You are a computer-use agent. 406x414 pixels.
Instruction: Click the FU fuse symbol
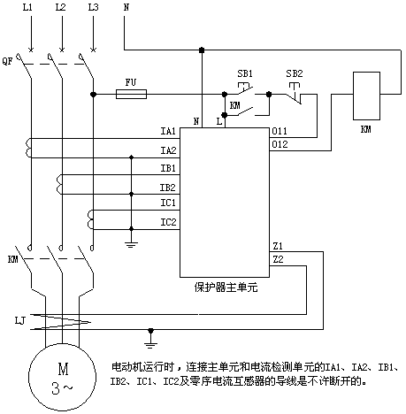point(131,95)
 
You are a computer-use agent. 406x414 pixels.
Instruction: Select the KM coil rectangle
point(366,96)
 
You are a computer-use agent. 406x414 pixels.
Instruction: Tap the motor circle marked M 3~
point(62,377)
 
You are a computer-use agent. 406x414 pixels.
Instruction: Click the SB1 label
point(245,73)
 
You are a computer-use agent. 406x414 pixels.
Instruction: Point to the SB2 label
point(295,73)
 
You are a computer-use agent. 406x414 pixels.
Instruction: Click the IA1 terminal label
point(168,131)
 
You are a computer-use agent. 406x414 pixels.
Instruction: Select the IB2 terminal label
point(168,188)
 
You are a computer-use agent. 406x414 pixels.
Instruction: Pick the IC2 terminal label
point(168,222)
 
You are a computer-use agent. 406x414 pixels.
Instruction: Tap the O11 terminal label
point(280,131)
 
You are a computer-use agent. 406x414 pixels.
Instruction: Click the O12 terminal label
point(280,144)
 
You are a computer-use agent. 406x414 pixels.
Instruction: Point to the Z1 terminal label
point(278,246)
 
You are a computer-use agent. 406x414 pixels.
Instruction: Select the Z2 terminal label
point(278,259)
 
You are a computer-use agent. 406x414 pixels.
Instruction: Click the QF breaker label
point(7,61)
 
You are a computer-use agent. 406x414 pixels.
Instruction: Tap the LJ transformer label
point(20,320)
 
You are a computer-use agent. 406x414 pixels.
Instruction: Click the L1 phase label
point(27,7)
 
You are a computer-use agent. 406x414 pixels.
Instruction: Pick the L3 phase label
point(93,7)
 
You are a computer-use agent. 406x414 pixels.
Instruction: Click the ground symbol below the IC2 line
point(132,244)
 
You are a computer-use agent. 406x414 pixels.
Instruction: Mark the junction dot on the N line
point(202,50)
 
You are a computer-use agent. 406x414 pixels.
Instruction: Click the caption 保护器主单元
point(226,287)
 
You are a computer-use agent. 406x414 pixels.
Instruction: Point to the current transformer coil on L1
point(28,148)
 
